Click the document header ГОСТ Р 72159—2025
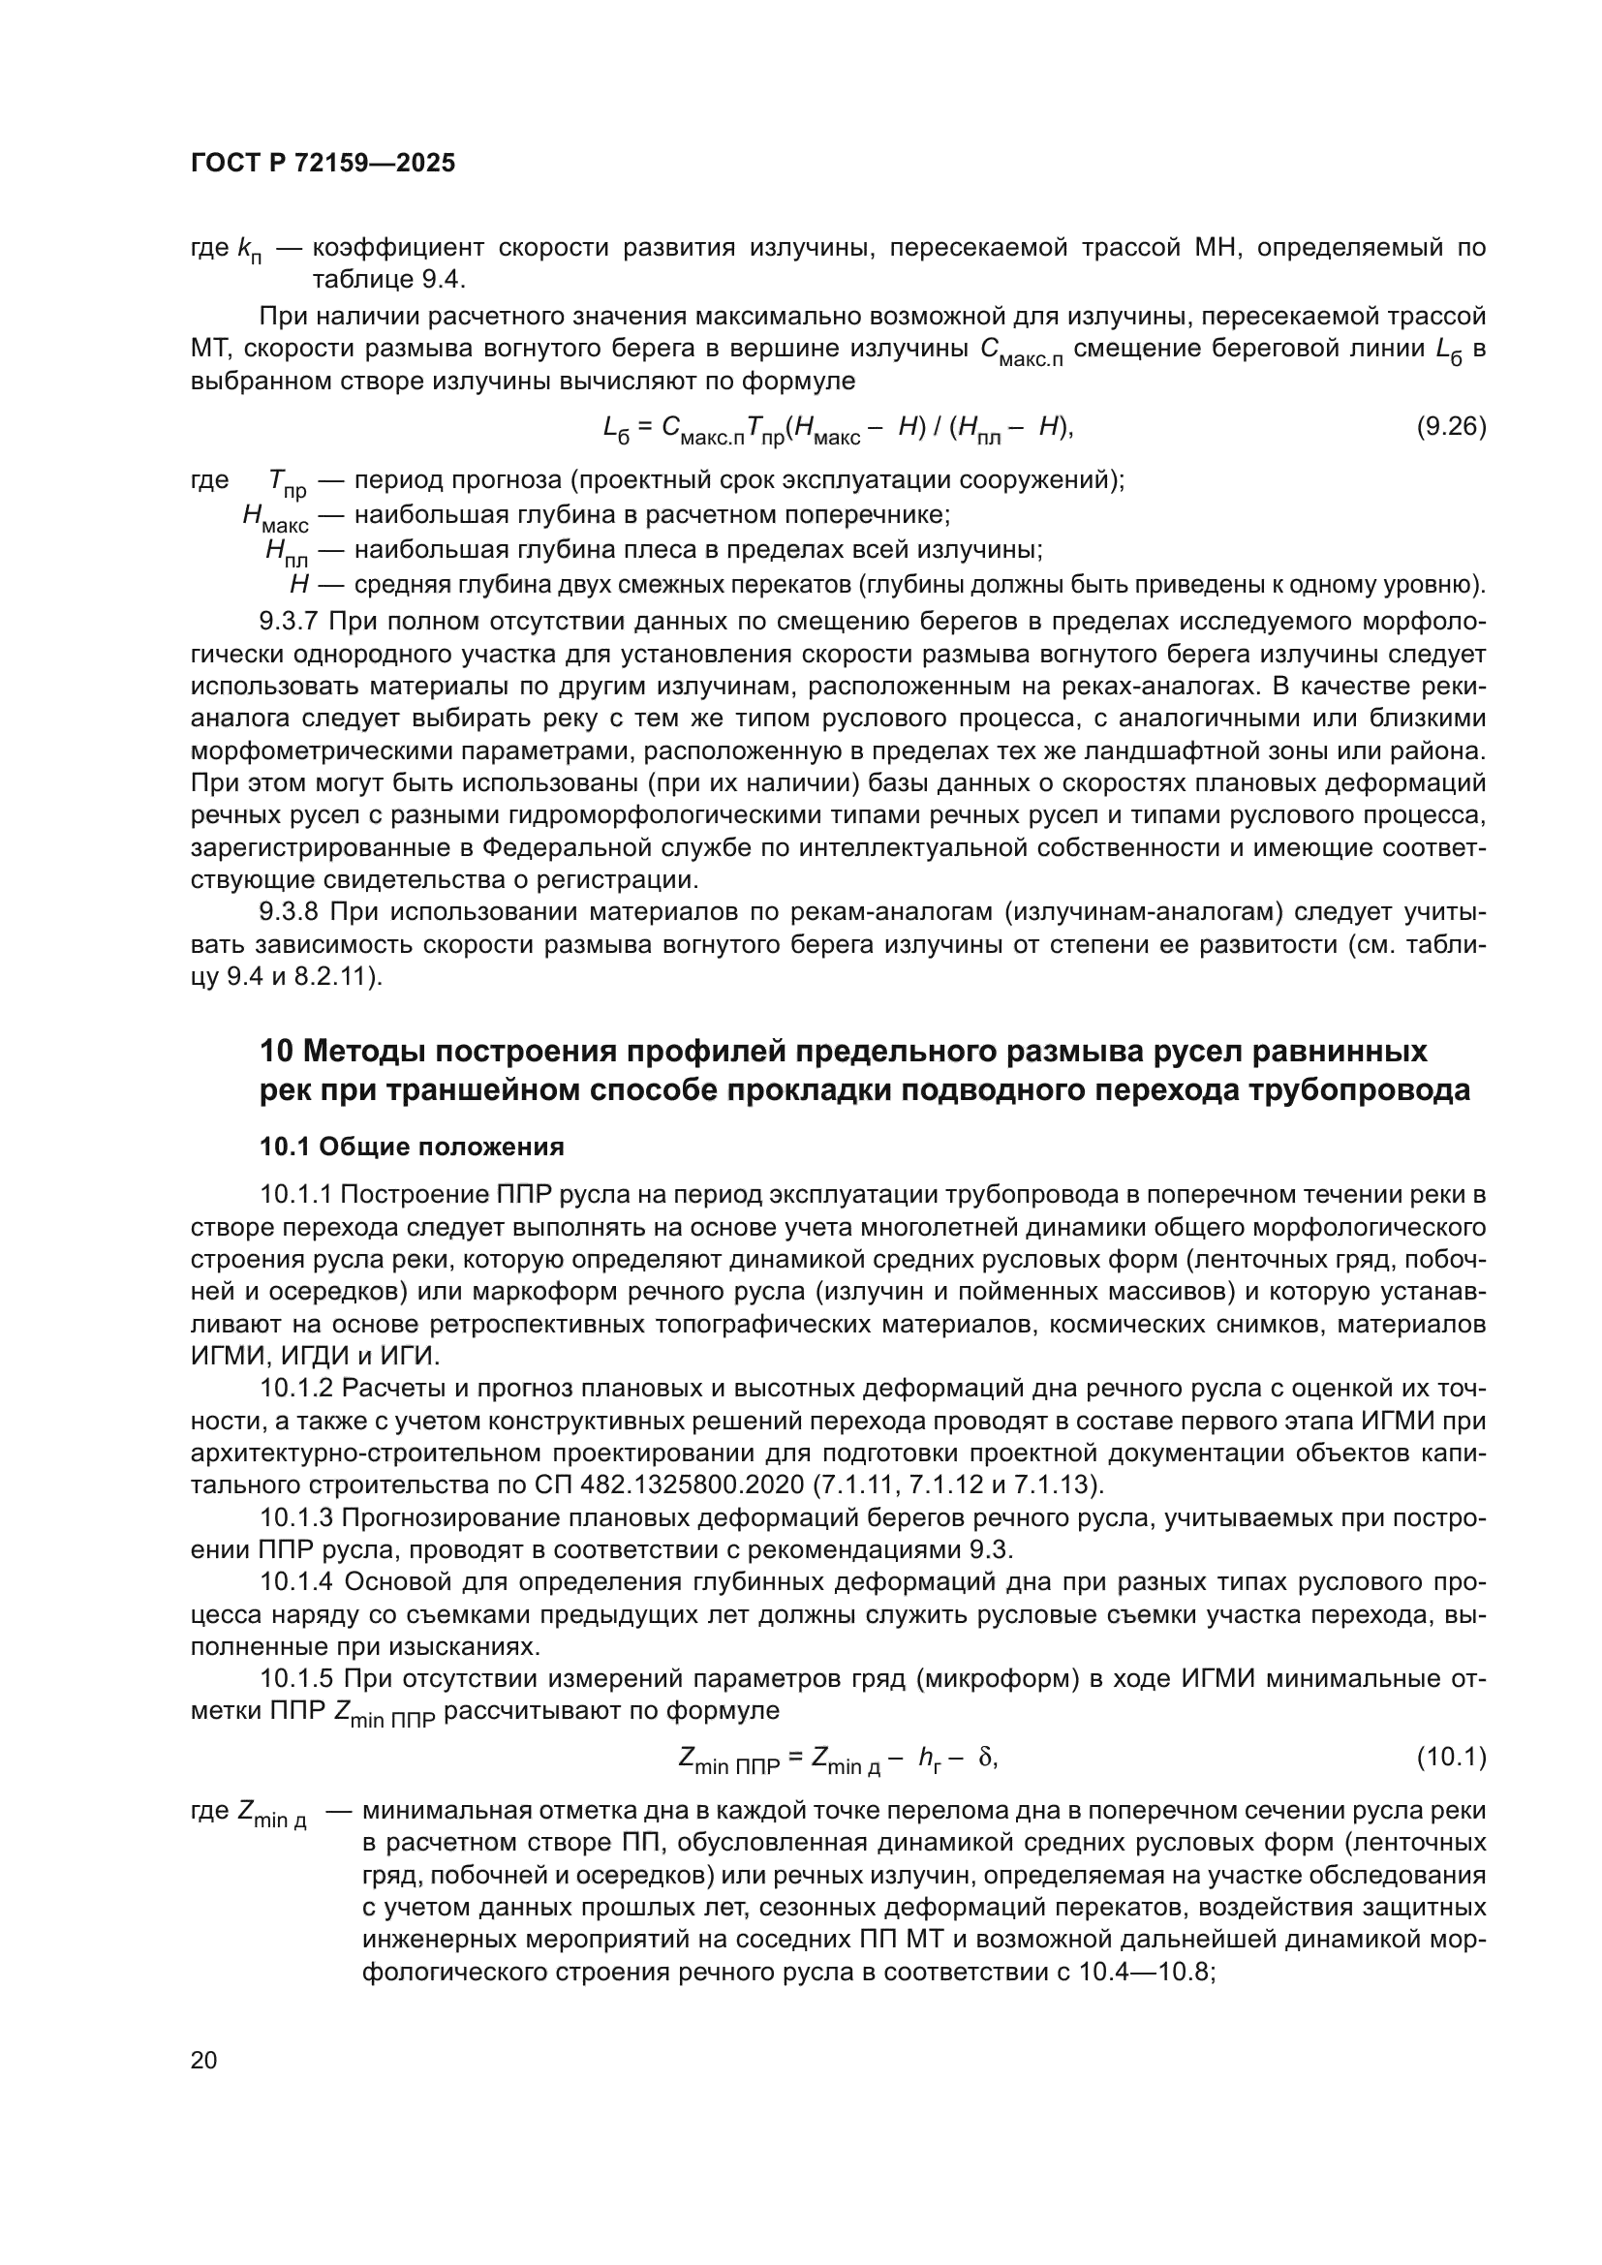(x=323, y=163)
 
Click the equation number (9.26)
(x=1451, y=426)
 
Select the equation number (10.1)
(x=1451, y=1757)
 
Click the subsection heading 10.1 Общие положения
(x=412, y=1147)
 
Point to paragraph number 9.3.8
(x=289, y=912)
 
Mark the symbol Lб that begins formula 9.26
(x=617, y=428)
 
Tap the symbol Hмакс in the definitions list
(x=275, y=517)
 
